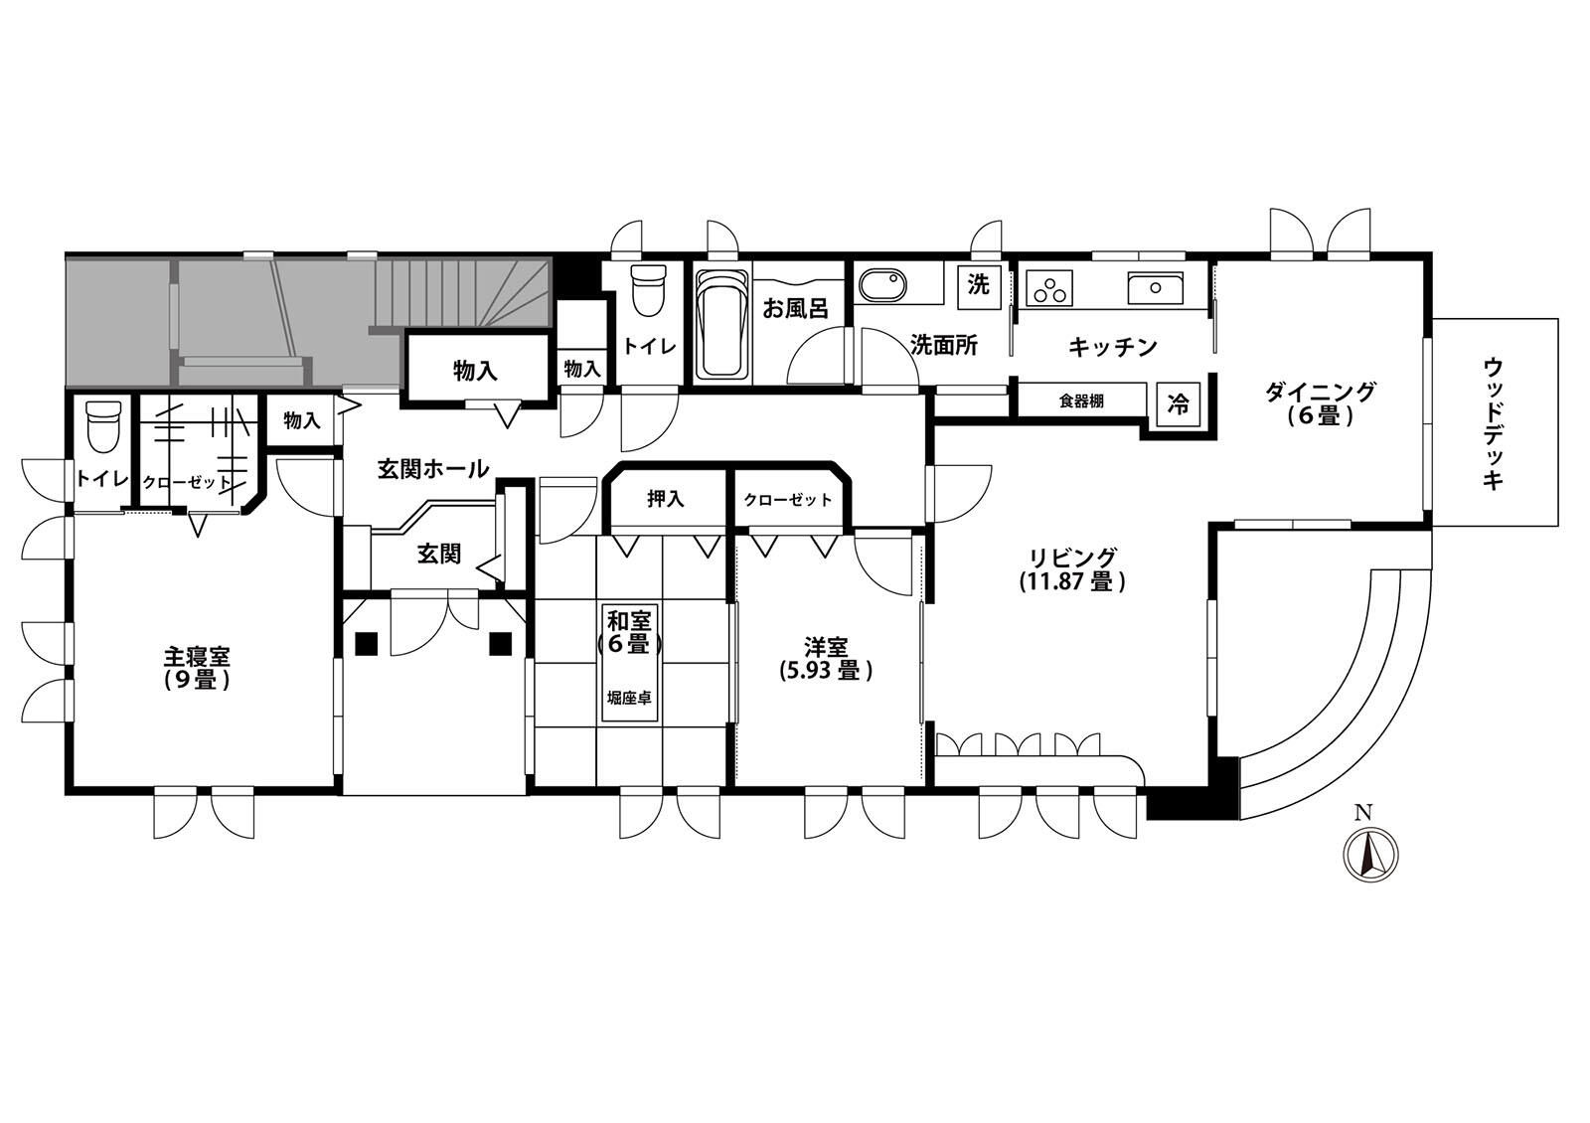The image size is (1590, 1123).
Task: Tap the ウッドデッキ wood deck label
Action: coord(1494,424)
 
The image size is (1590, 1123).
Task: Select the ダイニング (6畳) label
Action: coord(1321,403)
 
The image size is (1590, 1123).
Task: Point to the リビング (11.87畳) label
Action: coord(1074,569)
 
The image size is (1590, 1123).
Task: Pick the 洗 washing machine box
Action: coord(979,286)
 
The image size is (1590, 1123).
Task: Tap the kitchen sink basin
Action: coord(1155,288)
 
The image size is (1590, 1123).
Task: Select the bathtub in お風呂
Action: coord(722,325)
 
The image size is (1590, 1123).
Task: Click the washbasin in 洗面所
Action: coord(883,287)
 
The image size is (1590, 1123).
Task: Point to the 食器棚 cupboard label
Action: coord(1082,401)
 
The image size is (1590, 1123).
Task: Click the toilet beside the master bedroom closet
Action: coord(103,427)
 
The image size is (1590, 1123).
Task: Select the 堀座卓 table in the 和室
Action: coord(630,663)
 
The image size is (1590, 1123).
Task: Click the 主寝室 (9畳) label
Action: coord(198,668)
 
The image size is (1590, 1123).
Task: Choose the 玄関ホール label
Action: coord(433,468)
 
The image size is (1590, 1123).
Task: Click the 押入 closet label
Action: coord(666,499)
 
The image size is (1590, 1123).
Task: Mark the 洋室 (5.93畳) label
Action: coord(826,659)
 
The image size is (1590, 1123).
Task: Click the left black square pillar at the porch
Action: coord(367,643)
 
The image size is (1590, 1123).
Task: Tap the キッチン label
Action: coord(1112,347)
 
